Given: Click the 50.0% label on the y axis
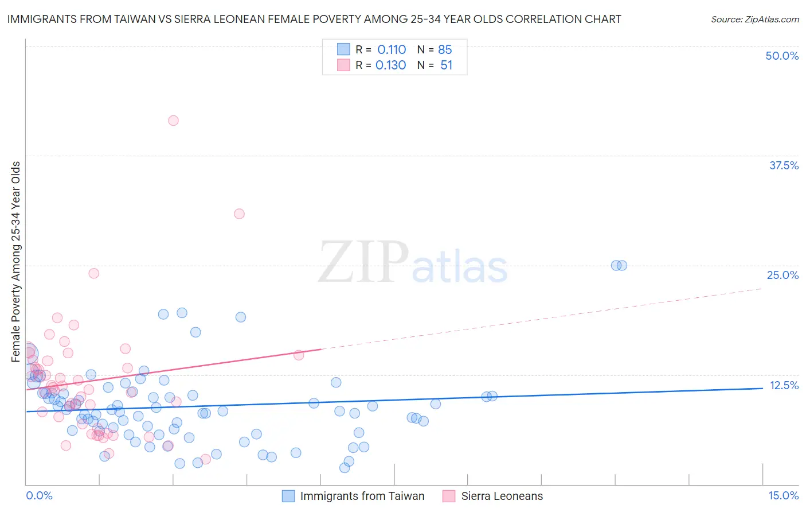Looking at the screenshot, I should point(782,56).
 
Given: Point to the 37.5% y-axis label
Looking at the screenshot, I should point(784,165).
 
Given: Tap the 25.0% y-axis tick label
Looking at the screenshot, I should point(782,275).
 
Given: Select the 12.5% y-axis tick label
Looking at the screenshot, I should point(784,385).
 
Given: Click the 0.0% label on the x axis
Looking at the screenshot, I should point(39,495).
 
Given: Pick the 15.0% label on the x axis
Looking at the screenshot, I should point(783,495).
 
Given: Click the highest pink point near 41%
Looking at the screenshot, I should point(173,121).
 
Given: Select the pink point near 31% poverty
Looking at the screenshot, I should point(239,214).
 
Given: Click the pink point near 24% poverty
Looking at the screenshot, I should point(93,273).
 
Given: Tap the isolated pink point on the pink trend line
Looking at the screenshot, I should point(299,355).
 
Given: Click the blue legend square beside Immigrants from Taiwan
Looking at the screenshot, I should point(288,496).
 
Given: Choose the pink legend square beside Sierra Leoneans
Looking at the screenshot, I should point(449,496).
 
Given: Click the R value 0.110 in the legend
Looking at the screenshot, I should point(392,50).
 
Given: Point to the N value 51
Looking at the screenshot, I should point(446,65).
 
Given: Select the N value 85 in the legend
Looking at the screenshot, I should point(445,50).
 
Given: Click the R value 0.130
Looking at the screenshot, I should point(390,65).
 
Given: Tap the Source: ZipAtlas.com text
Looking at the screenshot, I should point(754,20).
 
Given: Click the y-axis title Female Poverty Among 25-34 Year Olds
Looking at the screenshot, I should point(16,262).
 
